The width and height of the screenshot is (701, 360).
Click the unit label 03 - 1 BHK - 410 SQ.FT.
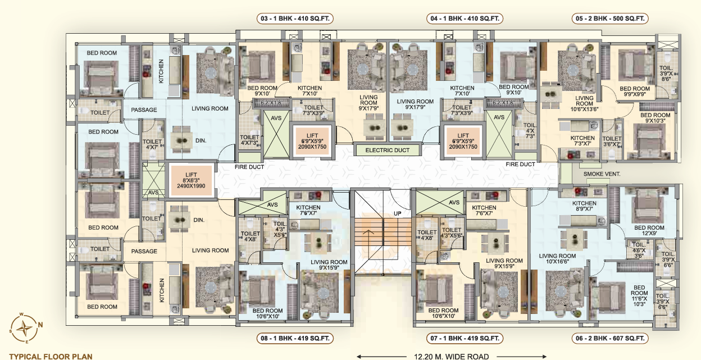(x=295, y=19)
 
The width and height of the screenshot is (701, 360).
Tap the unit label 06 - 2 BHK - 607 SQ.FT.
(x=610, y=338)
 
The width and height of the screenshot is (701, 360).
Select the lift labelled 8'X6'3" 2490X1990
(x=191, y=180)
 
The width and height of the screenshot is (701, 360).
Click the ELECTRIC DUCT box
(x=388, y=150)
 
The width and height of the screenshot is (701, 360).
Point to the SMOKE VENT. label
(x=602, y=174)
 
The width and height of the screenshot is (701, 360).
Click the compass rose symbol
(x=25, y=328)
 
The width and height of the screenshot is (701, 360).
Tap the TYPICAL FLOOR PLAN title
(x=51, y=357)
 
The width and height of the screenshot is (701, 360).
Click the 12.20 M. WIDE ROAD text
(x=451, y=357)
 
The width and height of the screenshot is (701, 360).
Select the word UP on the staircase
(x=398, y=213)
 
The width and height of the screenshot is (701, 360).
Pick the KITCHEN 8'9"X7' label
(x=584, y=206)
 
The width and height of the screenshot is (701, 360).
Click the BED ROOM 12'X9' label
(x=649, y=230)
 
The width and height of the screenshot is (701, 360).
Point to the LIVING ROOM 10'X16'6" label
(x=557, y=258)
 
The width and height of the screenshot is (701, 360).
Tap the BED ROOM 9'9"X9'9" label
(x=635, y=92)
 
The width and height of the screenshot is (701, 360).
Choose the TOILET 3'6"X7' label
(x=612, y=142)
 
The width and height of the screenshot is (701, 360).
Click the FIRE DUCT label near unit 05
(x=520, y=164)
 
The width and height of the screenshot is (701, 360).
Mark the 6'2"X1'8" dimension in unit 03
(x=272, y=103)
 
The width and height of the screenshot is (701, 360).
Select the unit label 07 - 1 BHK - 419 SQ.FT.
(x=465, y=338)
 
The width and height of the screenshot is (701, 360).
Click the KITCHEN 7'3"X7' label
(x=582, y=141)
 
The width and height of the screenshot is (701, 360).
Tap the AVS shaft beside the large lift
(x=153, y=180)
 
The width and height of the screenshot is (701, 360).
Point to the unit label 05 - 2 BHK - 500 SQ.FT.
(x=610, y=19)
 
